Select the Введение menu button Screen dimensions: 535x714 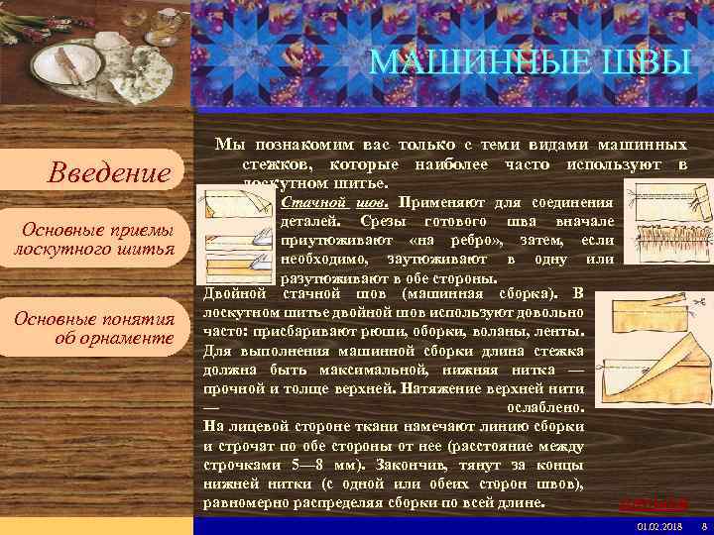(109, 173)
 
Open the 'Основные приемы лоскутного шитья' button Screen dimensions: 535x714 (95, 240)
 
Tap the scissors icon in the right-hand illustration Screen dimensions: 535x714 (698, 298)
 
